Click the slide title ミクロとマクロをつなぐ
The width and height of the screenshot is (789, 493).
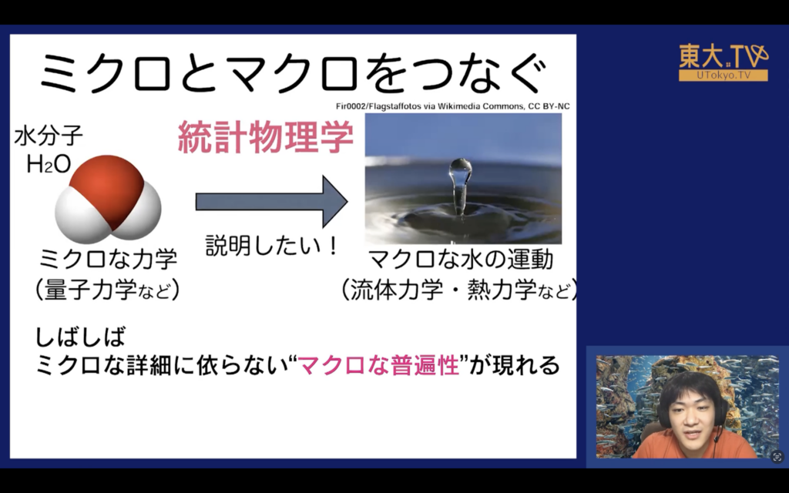(x=293, y=72)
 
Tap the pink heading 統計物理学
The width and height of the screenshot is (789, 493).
(x=266, y=137)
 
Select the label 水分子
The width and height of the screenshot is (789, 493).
(x=49, y=136)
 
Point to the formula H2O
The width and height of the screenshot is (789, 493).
(x=49, y=164)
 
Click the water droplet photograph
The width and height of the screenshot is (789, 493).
(x=463, y=179)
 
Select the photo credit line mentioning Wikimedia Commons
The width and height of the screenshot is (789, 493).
(x=453, y=106)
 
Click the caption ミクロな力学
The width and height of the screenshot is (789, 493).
(x=108, y=259)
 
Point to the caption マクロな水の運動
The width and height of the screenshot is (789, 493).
(x=461, y=260)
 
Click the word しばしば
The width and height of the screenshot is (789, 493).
(x=80, y=337)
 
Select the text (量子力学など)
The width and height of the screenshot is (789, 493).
(x=108, y=290)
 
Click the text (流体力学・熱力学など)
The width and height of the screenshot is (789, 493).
(x=459, y=290)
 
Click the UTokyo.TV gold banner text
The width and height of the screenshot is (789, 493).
(x=724, y=75)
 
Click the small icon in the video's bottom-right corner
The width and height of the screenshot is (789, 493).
(x=777, y=457)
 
